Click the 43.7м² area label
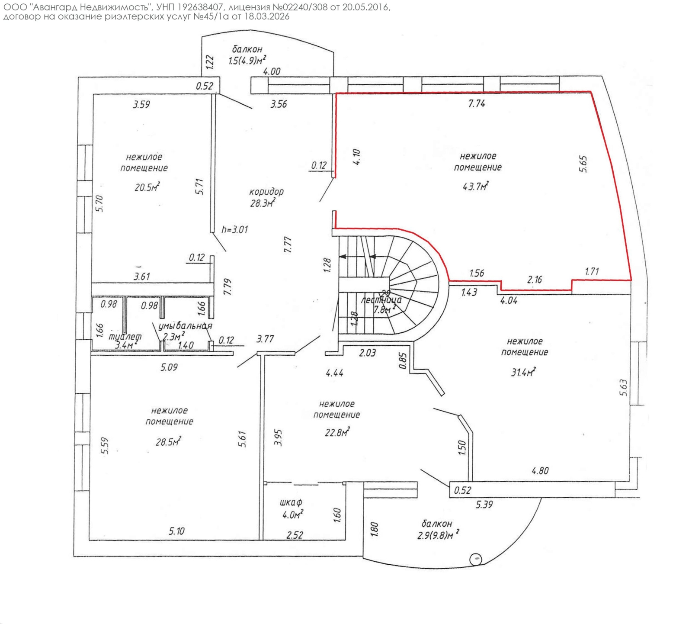coord(475,187)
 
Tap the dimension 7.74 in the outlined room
coord(477,103)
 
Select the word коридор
coord(266,191)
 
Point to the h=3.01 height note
coord(235,229)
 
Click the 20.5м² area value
coord(147,187)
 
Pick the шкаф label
coord(291,502)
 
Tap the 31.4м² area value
coord(523,372)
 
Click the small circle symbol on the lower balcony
coord(476,559)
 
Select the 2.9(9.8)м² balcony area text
coord(438,535)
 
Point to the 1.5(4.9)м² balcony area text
coord(247,60)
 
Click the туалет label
coord(125,336)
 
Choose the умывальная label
coord(185,326)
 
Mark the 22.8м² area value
coord(337,432)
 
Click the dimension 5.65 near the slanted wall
coord(583,164)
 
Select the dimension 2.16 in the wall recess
coord(535,280)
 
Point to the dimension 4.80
coord(540,470)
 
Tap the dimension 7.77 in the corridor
coord(288,244)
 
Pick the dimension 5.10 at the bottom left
coord(176,531)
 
